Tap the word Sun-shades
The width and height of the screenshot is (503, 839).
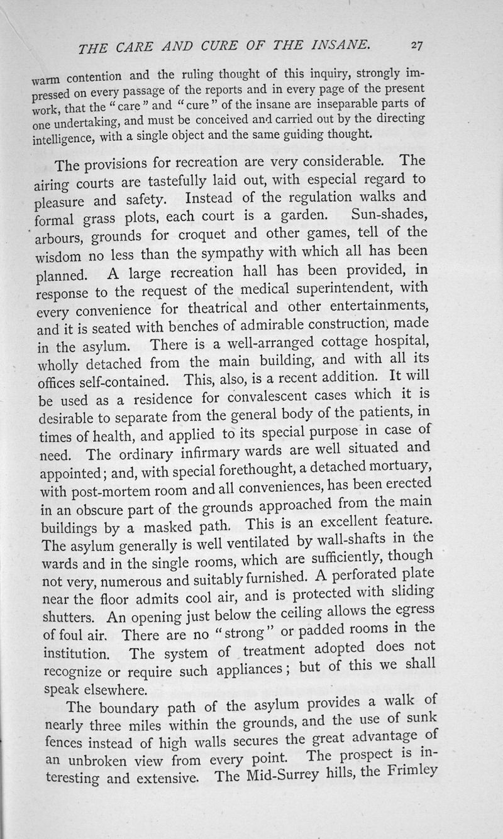click(390, 216)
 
